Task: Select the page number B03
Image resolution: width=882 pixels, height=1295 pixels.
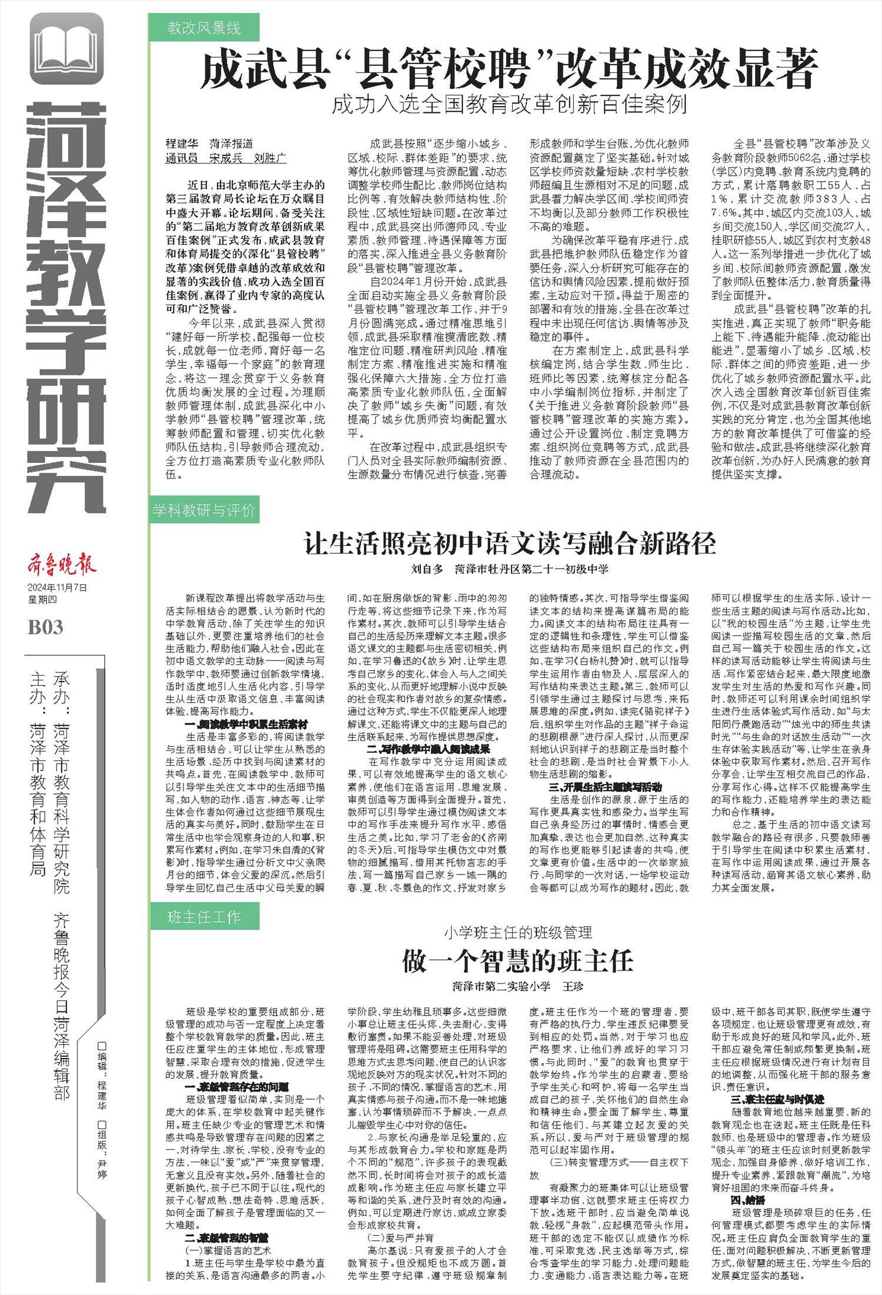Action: pyautogui.click(x=45, y=627)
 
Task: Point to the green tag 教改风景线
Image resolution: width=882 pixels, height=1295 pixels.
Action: pyautogui.click(x=203, y=28)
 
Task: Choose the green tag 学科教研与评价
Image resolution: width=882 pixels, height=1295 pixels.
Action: pyautogui.click(x=203, y=510)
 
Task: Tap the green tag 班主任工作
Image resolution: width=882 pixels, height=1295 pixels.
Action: pyautogui.click(x=203, y=916)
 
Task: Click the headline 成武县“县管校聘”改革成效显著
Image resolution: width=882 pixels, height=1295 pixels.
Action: pyautogui.click(x=509, y=69)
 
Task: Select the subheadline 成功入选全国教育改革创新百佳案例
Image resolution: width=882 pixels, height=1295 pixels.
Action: pyautogui.click(x=509, y=105)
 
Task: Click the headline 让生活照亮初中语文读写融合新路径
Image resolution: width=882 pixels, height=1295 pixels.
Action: pyautogui.click(x=509, y=543)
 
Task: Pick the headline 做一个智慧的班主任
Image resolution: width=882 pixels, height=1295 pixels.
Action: pyautogui.click(x=517, y=961)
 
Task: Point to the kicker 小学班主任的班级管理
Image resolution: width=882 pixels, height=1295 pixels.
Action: pyautogui.click(x=517, y=932)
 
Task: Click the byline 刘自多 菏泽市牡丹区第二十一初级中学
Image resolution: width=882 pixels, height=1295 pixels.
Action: pyautogui.click(x=509, y=569)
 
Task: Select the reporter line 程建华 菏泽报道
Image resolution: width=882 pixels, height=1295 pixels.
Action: pyautogui.click(x=209, y=143)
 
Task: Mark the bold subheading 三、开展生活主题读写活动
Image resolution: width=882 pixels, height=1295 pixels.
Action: pyautogui.click(x=606, y=786)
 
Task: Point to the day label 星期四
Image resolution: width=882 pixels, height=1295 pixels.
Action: pyautogui.click(x=38, y=599)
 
